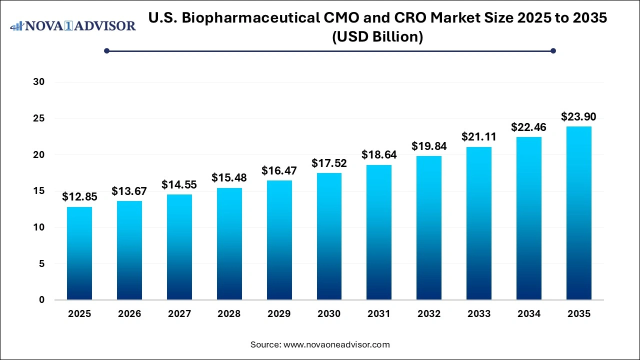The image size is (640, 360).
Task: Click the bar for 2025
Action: (x=79, y=253)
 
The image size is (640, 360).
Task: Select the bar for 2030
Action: (x=329, y=236)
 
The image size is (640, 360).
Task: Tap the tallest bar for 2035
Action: (x=579, y=213)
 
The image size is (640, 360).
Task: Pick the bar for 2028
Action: (x=229, y=244)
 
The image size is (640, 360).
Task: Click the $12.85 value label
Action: (x=79, y=197)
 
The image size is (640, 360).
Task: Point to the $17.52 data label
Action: (x=329, y=163)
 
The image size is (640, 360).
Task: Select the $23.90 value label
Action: (x=579, y=116)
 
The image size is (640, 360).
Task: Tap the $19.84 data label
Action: (x=429, y=146)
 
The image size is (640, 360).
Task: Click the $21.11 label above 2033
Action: (x=479, y=137)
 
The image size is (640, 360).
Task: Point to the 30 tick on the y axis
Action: (x=39, y=82)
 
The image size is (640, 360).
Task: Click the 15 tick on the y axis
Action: (x=39, y=191)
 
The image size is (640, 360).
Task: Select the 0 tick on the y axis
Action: (x=42, y=300)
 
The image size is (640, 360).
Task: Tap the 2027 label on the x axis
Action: (x=179, y=314)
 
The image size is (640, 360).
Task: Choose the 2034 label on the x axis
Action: (x=529, y=314)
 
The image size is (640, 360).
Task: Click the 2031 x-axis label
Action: (x=379, y=314)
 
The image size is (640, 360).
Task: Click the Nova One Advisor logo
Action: (x=73, y=25)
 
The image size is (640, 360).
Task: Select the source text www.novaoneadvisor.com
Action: (x=336, y=344)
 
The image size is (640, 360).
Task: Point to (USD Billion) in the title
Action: (x=377, y=36)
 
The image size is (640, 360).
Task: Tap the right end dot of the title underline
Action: (x=553, y=50)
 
